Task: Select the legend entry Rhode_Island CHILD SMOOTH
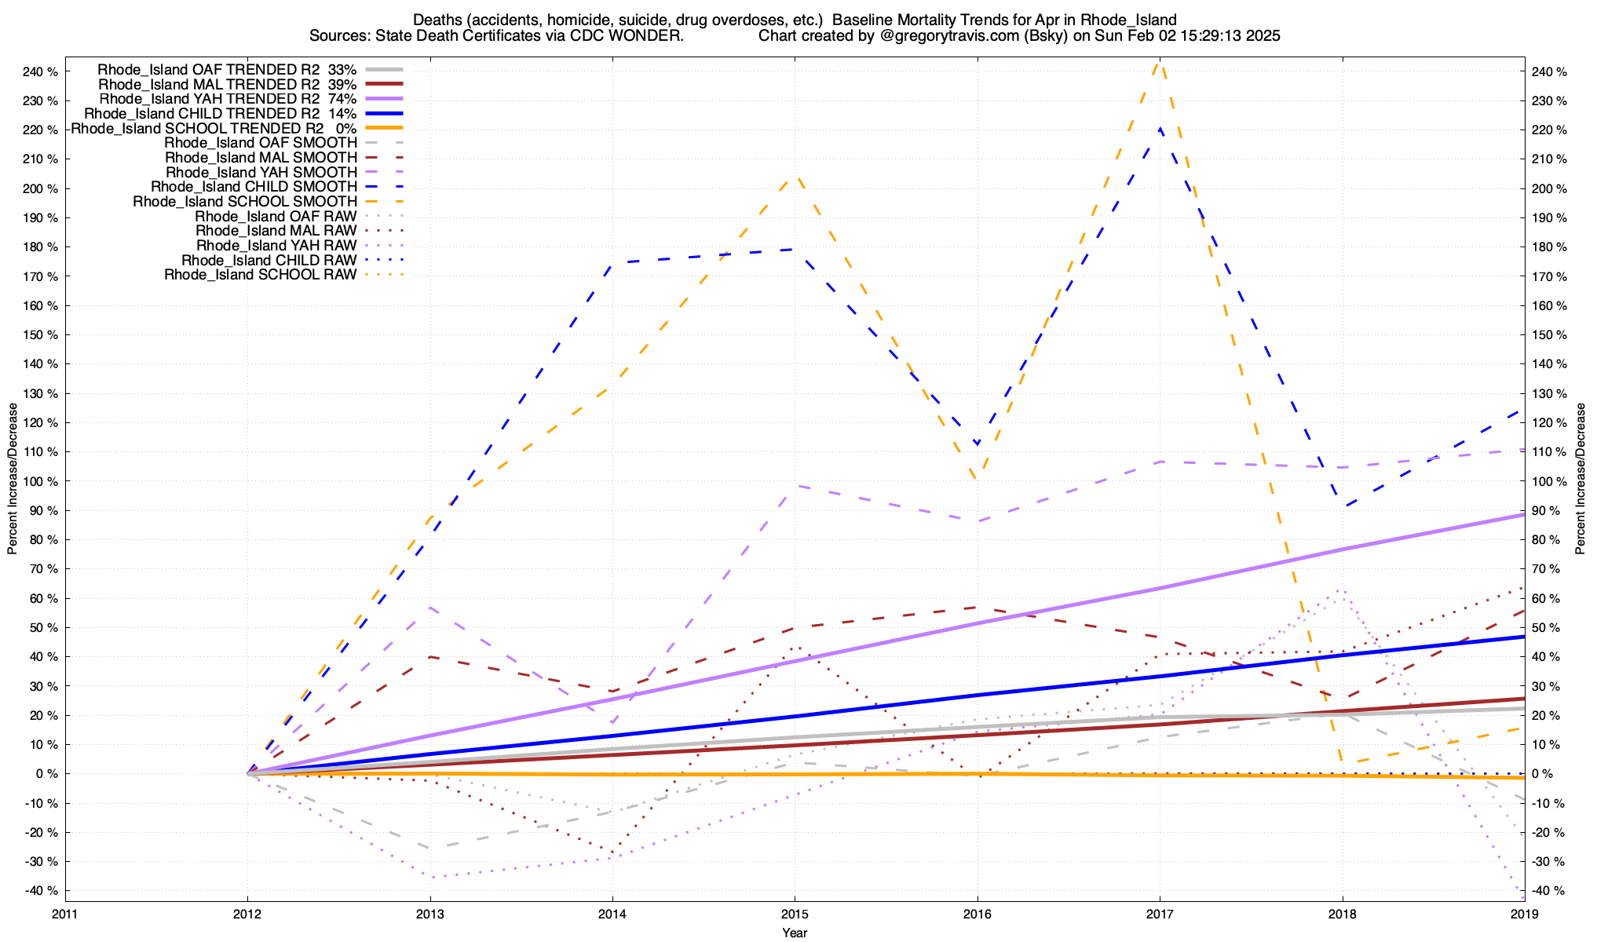click(254, 187)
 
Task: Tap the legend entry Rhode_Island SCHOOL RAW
click(260, 275)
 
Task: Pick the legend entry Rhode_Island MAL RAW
click(276, 231)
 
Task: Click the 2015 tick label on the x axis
click(795, 914)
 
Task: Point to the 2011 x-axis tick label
click(65, 914)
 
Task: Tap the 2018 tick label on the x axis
click(1342, 914)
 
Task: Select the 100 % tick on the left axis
click(40, 481)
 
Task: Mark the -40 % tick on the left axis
click(40, 890)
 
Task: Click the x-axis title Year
click(795, 933)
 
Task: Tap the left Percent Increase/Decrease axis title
click(13, 479)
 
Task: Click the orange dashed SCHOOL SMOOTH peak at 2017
click(1159, 63)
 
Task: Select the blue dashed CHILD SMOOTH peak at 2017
click(1160, 128)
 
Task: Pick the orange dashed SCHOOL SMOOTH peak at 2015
click(795, 177)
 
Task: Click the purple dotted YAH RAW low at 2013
click(430, 877)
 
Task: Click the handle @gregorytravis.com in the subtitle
click(938, 36)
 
